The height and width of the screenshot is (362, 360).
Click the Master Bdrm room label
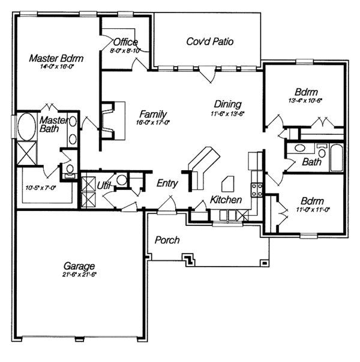(x=56, y=59)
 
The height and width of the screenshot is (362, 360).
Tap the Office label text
(x=125, y=43)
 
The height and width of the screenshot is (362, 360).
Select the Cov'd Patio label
(x=210, y=41)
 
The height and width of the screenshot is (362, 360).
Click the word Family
(x=153, y=114)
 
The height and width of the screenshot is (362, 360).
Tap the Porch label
(x=167, y=240)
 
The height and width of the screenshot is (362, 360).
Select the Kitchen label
(x=226, y=200)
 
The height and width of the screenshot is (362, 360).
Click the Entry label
(x=167, y=183)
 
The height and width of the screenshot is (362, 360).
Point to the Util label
(x=104, y=186)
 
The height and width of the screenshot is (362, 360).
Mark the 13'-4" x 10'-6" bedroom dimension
(x=305, y=101)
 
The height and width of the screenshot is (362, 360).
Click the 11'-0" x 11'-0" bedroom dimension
(x=313, y=209)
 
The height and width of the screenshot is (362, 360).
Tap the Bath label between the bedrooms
(x=311, y=162)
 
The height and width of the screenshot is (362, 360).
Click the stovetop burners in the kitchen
(x=257, y=190)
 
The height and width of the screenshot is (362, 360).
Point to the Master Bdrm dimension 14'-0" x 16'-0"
(x=55, y=68)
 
